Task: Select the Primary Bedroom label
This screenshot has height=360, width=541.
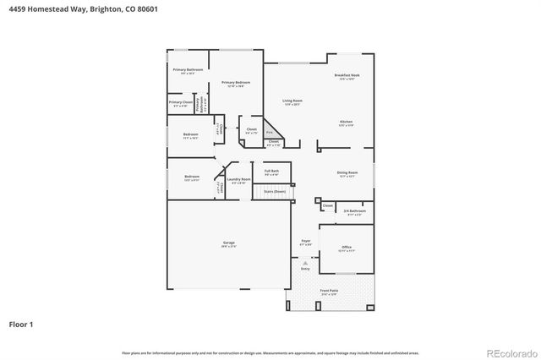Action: (233, 84)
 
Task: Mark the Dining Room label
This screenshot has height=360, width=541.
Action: (348, 174)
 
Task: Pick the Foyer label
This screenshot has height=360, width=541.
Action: (305, 242)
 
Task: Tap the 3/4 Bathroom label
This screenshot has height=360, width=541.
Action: (353, 211)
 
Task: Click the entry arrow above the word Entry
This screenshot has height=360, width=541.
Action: (305, 264)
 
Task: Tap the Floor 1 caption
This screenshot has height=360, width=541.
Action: (21, 323)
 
